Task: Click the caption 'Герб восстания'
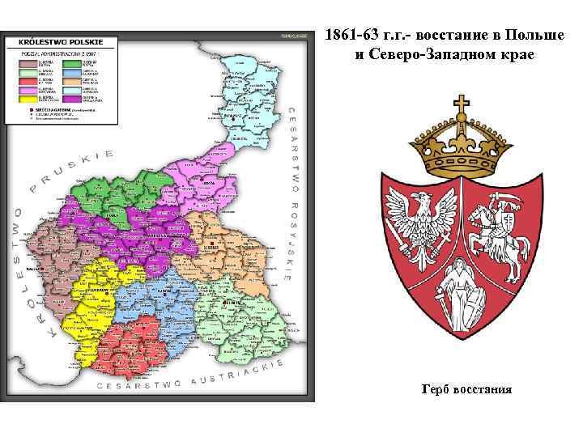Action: [466, 389]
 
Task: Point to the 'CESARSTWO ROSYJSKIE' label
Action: [289, 194]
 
